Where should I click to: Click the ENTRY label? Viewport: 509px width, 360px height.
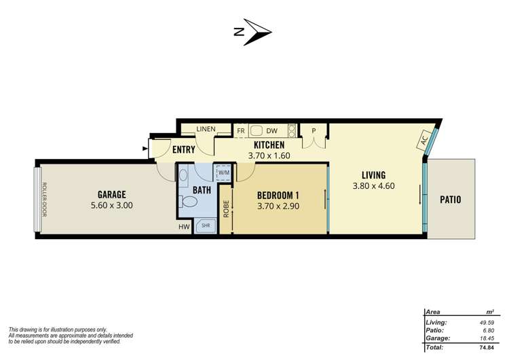(x=184, y=150)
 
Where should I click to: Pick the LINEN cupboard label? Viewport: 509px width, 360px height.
(x=206, y=129)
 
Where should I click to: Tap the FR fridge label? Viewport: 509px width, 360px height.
(x=240, y=130)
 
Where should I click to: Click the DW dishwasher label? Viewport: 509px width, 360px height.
(x=271, y=130)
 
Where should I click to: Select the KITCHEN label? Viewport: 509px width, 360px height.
(x=269, y=145)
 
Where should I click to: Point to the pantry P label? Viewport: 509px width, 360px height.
(x=314, y=130)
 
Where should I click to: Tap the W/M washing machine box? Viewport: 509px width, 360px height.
(x=223, y=173)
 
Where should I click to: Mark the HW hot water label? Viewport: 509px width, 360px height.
(x=184, y=227)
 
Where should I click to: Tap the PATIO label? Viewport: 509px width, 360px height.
(x=451, y=199)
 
